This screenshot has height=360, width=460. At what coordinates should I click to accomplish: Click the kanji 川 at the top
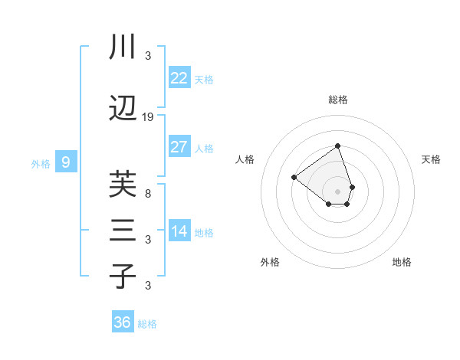[x=123, y=47]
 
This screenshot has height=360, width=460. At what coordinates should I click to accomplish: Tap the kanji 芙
[x=123, y=185]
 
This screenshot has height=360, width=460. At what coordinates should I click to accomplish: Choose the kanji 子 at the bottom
[x=123, y=277]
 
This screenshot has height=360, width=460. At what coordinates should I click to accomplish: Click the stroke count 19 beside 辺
[x=148, y=117]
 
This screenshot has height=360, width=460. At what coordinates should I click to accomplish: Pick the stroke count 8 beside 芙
[x=148, y=193]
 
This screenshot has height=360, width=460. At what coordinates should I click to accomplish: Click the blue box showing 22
[x=179, y=78]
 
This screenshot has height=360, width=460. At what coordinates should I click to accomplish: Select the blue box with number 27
[x=179, y=147]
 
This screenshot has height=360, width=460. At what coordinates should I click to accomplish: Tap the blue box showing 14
[x=179, y=231]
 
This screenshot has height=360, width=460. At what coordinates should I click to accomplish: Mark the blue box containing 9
[x=66, y=162]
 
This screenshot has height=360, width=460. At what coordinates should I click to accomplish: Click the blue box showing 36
[x=123, y=322]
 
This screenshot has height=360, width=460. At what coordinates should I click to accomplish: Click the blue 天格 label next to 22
[x=204, y=80]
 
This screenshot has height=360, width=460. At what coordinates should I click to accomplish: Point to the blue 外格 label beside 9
[x=41, y=164]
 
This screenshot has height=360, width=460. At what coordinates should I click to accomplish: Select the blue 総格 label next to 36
[x=147, y=324]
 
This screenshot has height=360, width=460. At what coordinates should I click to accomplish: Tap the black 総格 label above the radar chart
[x=338, y=100]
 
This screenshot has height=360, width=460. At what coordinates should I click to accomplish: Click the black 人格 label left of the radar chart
[x=245, y=159]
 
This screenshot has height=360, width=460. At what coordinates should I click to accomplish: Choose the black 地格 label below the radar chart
[x=402, y=262]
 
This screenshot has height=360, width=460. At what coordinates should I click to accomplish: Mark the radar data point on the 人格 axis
[x=294, y=178]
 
